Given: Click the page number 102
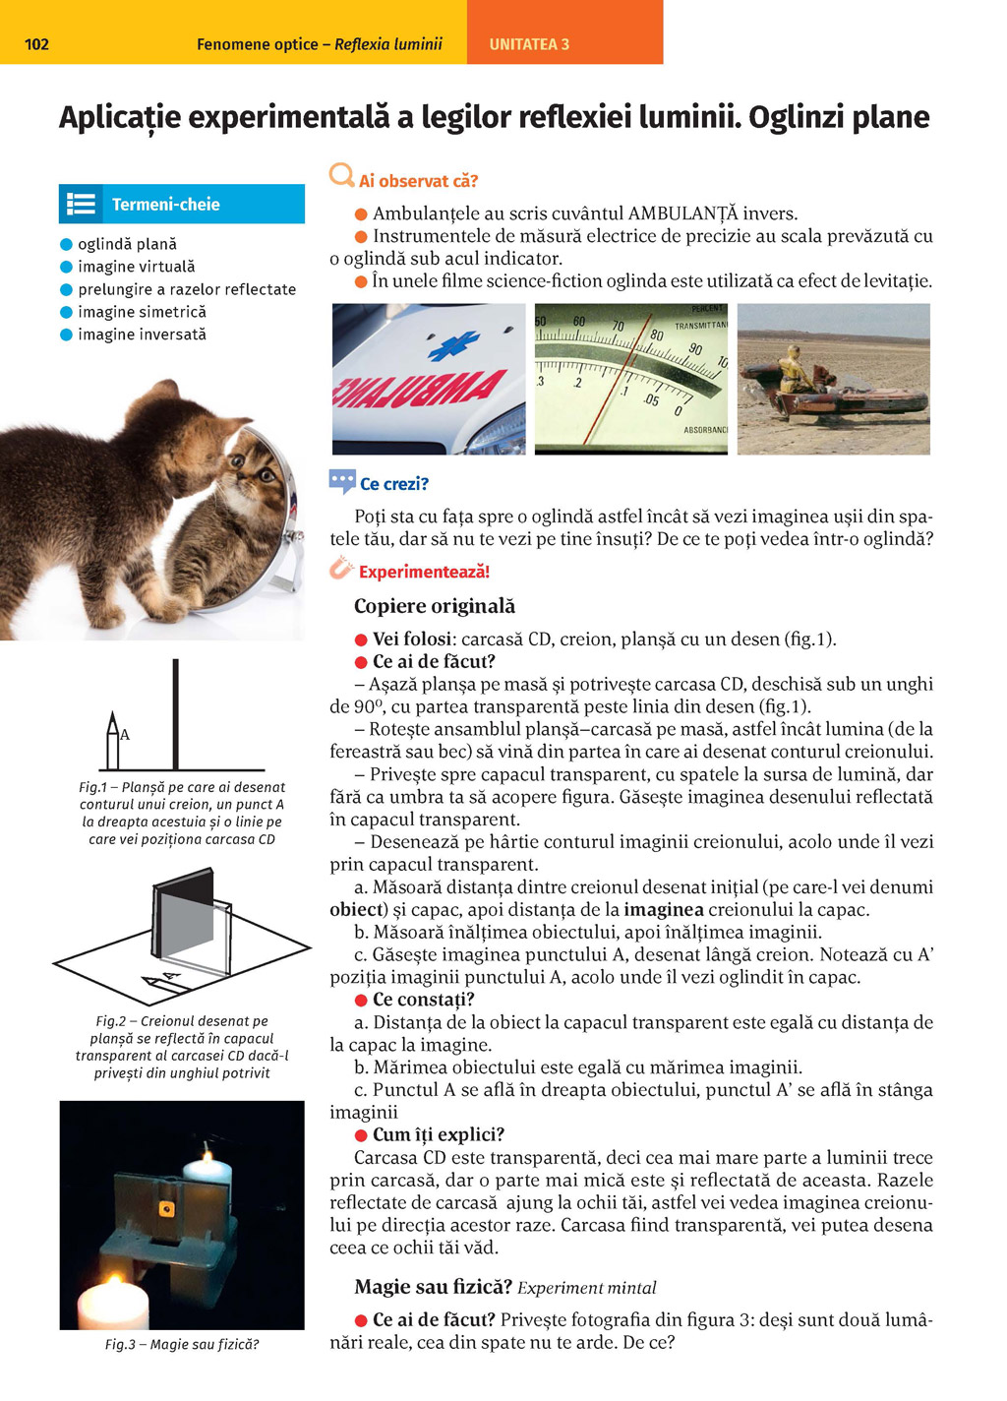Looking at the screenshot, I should (x=36, y=44).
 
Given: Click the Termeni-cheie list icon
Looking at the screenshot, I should (x=81, y=204).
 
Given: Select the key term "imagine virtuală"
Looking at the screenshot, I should (x=136, y=267).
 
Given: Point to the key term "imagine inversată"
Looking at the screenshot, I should (x=142, y=335).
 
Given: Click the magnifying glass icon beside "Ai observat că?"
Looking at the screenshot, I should (x=341, y=176).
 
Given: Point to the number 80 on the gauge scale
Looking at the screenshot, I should (x=656, y=335).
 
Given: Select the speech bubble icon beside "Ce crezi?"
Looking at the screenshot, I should (x=341, y=481).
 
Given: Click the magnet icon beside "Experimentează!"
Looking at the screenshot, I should (x=340, y=569).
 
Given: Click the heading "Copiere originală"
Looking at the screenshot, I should (x=434, y=606).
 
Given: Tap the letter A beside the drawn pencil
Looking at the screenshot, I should (x=125, y=734).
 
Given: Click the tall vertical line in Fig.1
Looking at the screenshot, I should (x=175, y=713).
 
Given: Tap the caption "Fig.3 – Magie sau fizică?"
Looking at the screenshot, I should (x=182, y=1344).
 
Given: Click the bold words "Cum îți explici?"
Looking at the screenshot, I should (x=438, y=1134).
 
